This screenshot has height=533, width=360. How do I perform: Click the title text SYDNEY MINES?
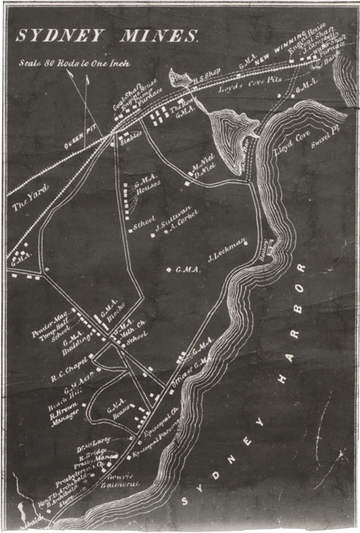pos(106,36)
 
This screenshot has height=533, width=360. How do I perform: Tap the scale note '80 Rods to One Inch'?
pos(75,63)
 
